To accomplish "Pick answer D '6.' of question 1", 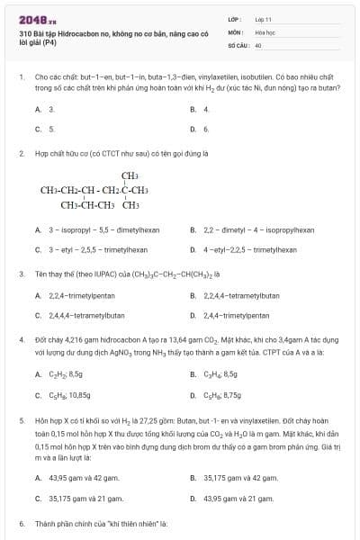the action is (206, 129).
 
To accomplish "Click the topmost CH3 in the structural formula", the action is (130, 175).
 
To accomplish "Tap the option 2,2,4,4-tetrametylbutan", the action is (246, 295).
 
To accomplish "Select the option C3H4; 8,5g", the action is (220, 373).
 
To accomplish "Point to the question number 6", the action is (21, 523).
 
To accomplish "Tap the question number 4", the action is (21, 340).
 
